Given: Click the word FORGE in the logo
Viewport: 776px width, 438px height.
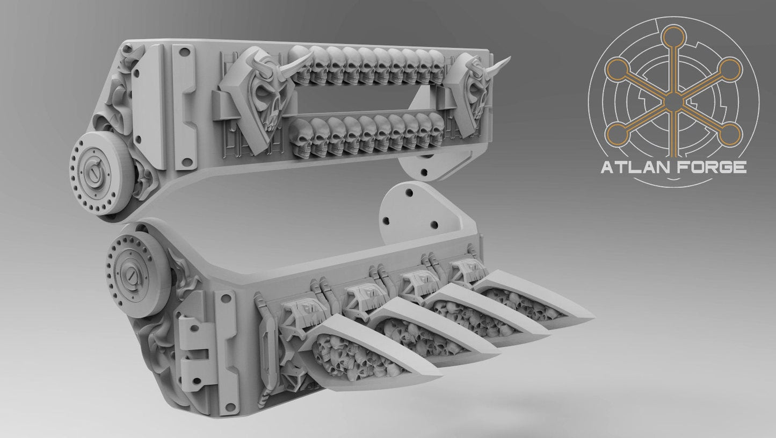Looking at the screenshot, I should point(710,168).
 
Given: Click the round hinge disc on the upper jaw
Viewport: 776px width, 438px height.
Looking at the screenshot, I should point(99,173).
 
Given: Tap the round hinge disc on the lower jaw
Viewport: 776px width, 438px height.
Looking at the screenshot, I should point(137,269).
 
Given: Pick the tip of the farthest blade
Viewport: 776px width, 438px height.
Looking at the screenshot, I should point(591,314).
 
